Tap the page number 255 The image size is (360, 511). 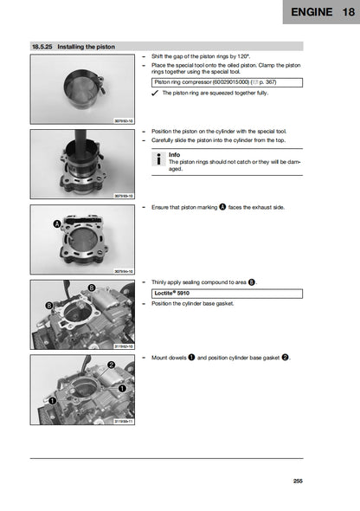click(298, 481)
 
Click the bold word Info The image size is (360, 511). click(174, 154)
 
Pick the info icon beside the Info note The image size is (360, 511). click(157, 158)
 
